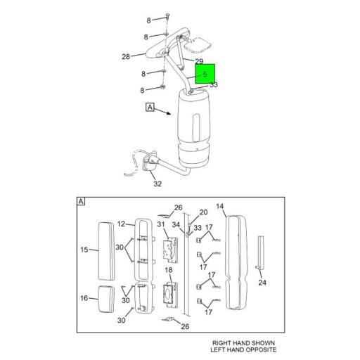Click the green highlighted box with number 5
pyautogui.click(x=205, y=74)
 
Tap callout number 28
pyautogui.click(x=126, y=56)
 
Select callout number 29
pyautogui.click(x=199, y=62)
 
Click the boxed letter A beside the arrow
pyautogui.click(x=150, y=108)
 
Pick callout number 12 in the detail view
pyautogui.click(x=121, y=224)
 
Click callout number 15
pyautogui.click(x=84, y=249)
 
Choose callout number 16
pyautogui.click(x=84, y=298)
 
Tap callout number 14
pyautogui.click(x=220, y=206)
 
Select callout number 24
pyautogui.click(x=262, y=283)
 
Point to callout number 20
pyautogui.click(x=203, y=212)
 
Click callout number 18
pyautogui.click(x=169, y=271)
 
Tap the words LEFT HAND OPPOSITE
pyautogui.click(x=244, y=350)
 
